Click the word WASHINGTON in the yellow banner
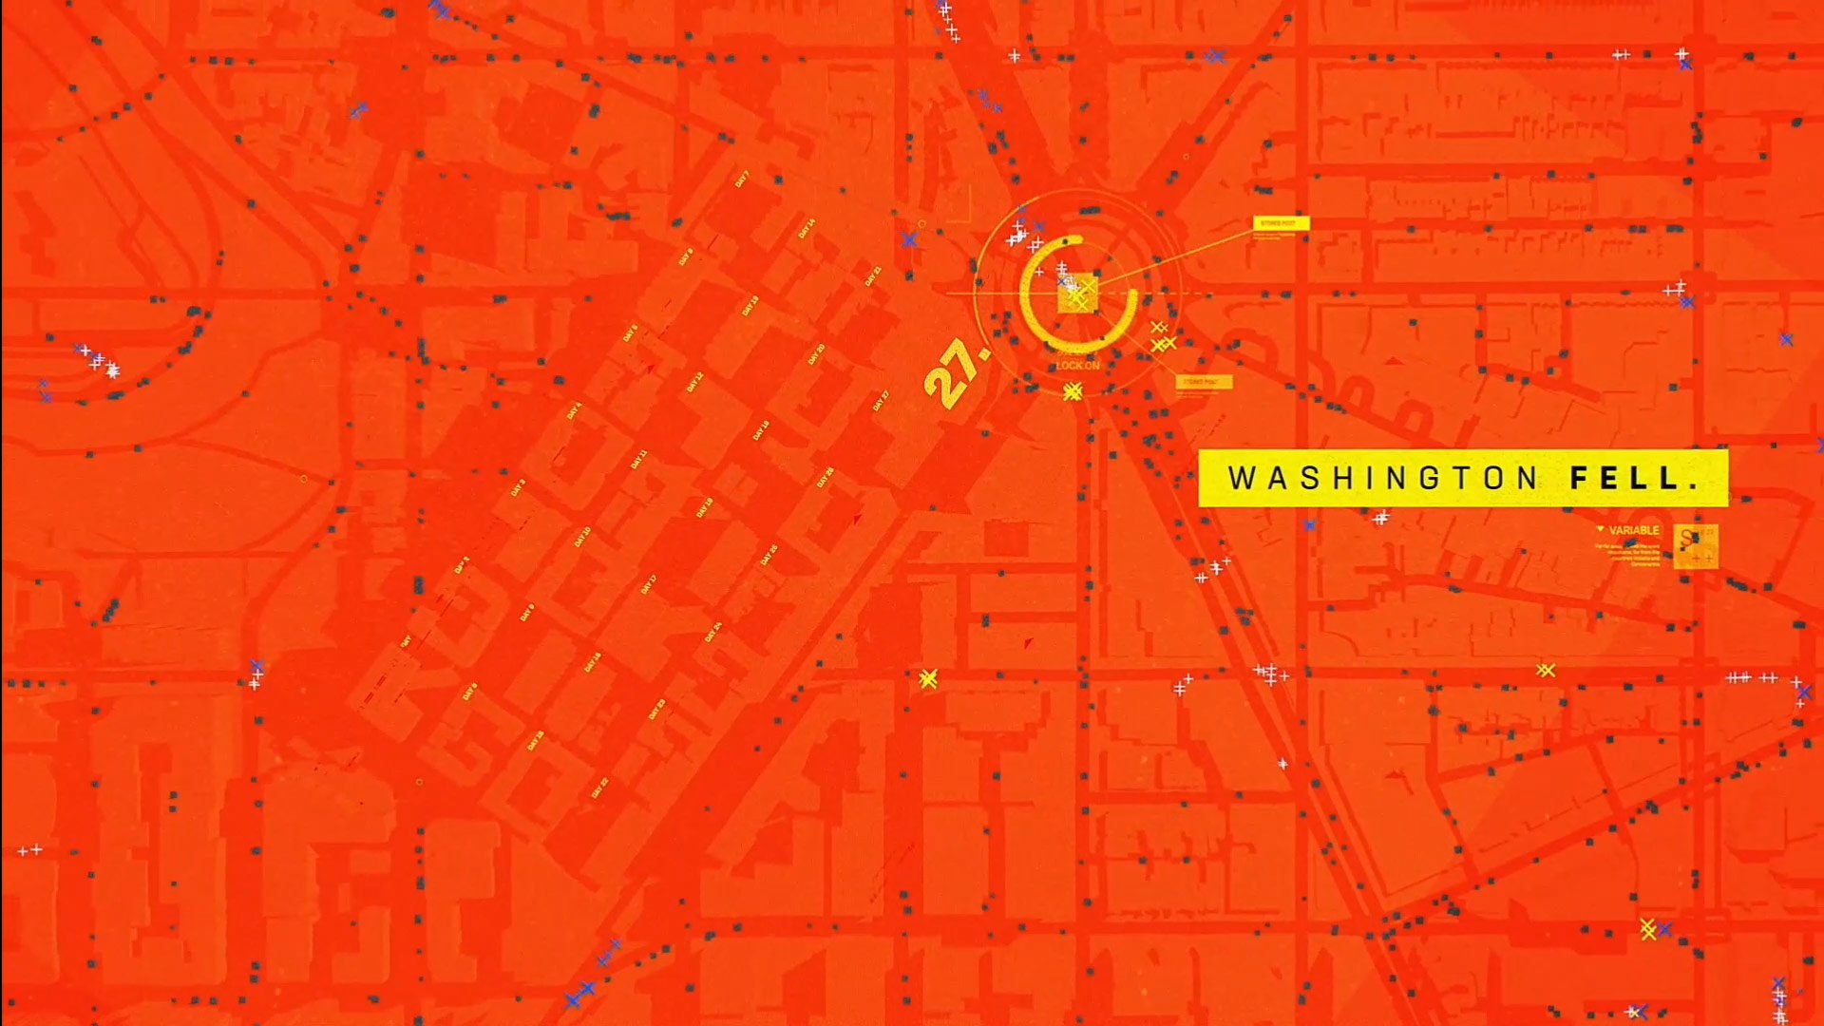(x=1382, y=478)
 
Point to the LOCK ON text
(x=1077, y=366)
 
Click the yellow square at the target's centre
(x=1077, y=294)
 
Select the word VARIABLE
(x=1634, y=530)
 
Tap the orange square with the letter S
(x=1695, y=545)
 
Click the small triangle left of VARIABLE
(x=1600, y=529)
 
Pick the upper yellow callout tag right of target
(x=1281, y=223)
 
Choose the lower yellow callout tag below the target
(x=1204, y=382)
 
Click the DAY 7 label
(x=742, y=179)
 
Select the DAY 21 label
(x=873, y=276)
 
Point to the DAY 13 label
(x=750, y=306)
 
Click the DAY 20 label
(x=816, y=354)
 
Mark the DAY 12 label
(x=694, y=383)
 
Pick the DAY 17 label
(x=648, y=584)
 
